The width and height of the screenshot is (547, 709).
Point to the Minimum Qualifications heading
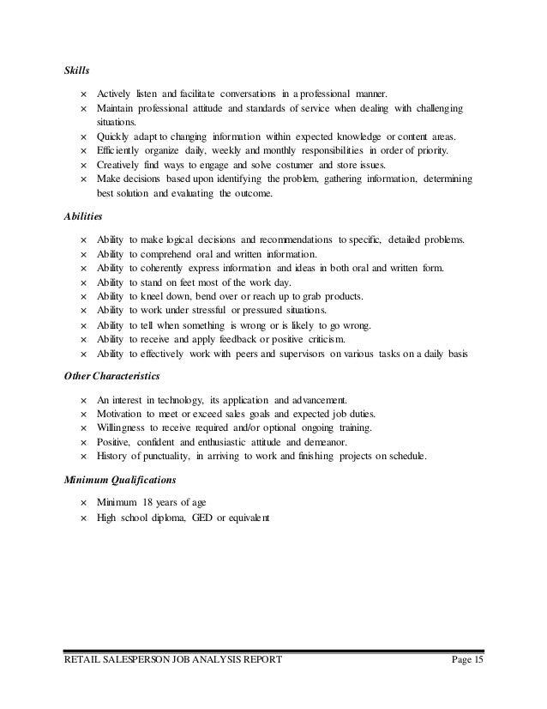[x=119, y=479]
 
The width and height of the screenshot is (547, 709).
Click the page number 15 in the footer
[x=477, y=660]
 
